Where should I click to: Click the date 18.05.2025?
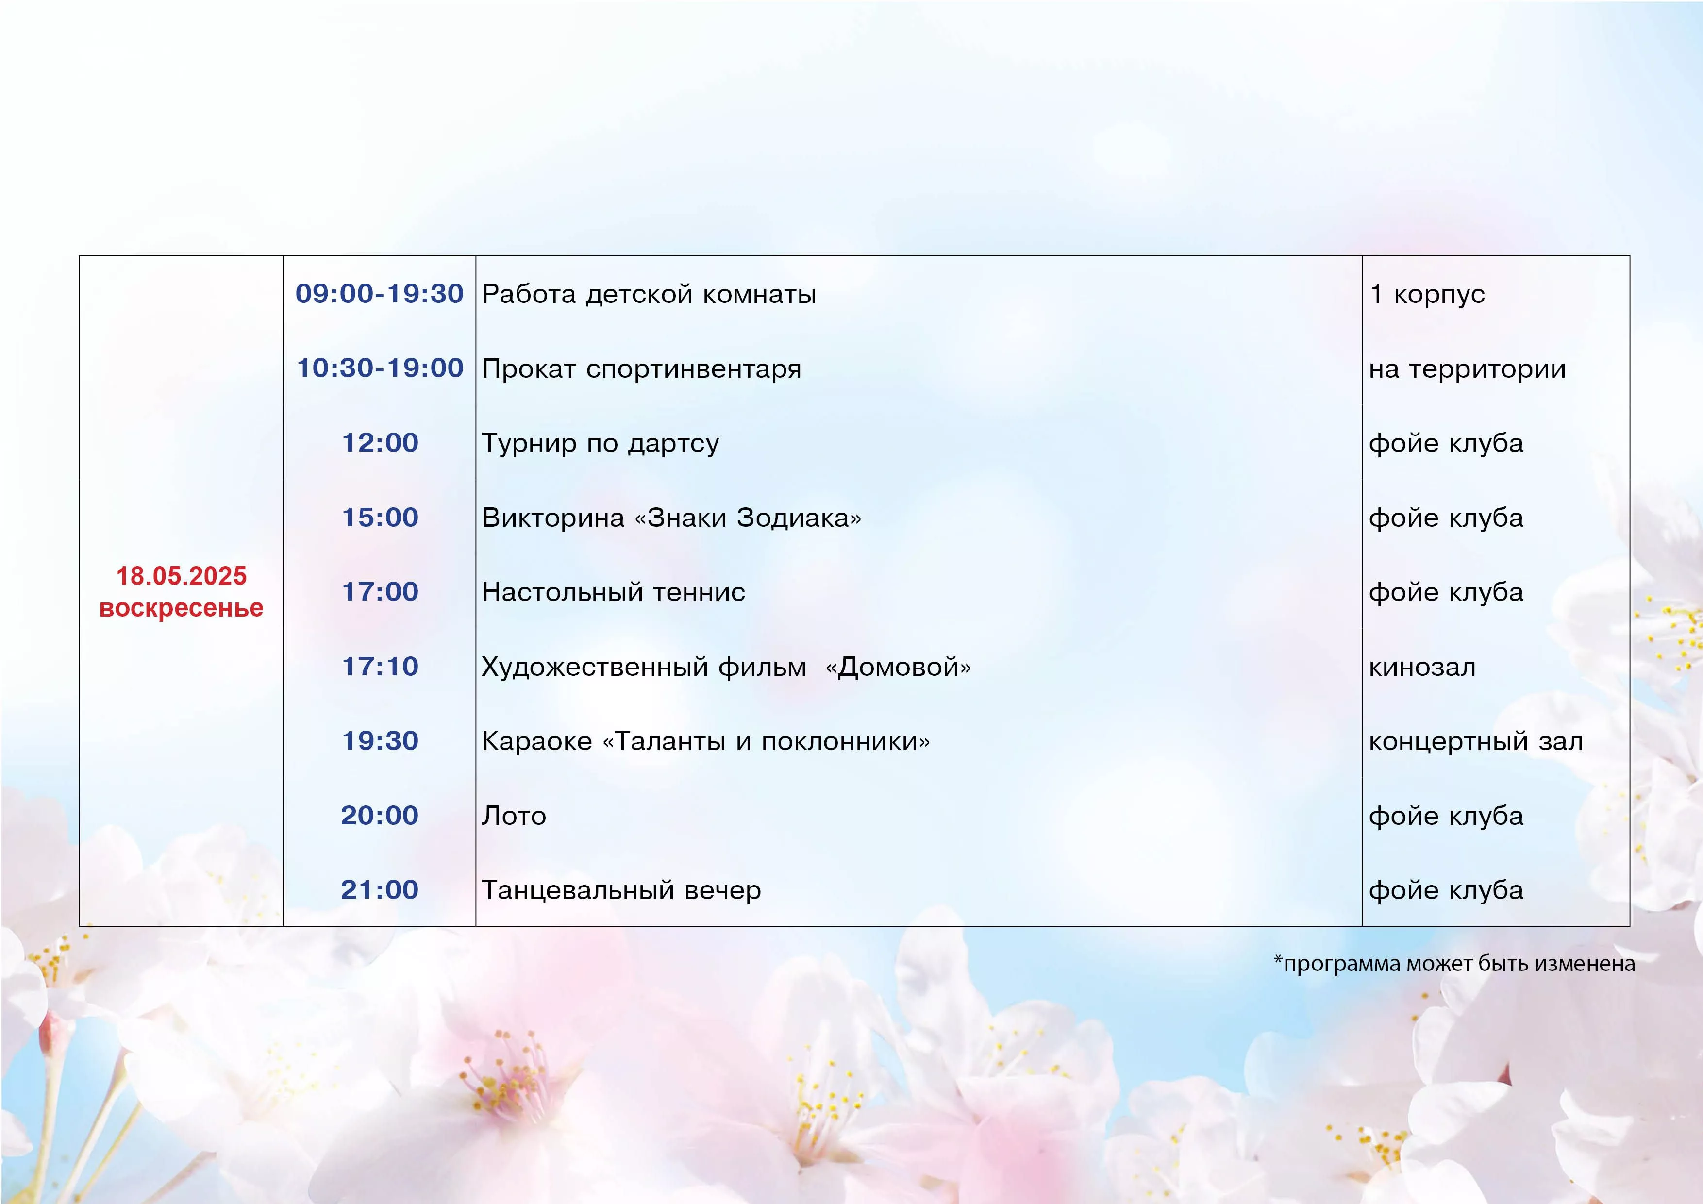pyautogui.click(x=181, y=576)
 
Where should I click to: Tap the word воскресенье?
pyautogui.click(x=181, y=608)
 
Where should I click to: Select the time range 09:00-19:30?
pyautogui.click(x=379, y=294)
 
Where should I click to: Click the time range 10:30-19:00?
pyautogui.click(x=380, y=368)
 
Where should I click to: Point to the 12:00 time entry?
pyautogui.click(x=380, y=443)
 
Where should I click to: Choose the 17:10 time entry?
pyautogui.click(x=380, y=666)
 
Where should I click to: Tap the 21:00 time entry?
pyautogui.click(x=380, y=889)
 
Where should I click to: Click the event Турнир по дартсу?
pyautogui.click(x=600, y=444)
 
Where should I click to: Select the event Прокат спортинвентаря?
pyautogui.click(x=642, y=369)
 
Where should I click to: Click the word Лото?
pyautogui.click(x=514, y=816)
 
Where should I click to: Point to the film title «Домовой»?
pyautogui.click(x=898, y=667)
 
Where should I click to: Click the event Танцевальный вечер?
pyautogui.click(x=621, y=890)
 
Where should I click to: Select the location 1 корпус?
pyautogui.click(x=1427, y=295)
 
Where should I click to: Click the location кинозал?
pyautogui.click(x=1422, y=667)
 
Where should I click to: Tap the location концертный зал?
pyautogui.click(x=1476, y=741)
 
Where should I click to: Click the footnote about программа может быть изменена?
pyautogui.click(x=1454, y=964)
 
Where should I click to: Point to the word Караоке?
pyautogui.click(x=537, y=741)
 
